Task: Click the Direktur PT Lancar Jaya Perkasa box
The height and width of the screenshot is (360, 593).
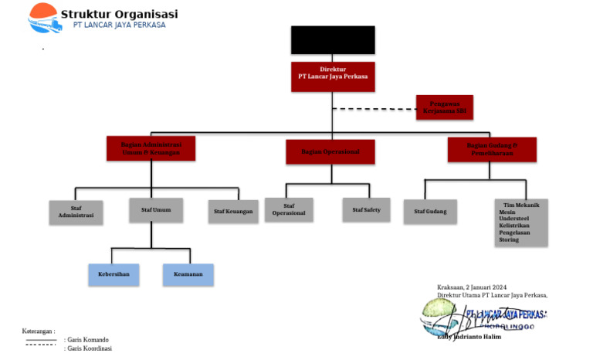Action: pyautogui.click(x=332, y=76)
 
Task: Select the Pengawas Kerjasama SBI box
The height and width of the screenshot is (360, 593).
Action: pyautogui.click(x=444, y=107)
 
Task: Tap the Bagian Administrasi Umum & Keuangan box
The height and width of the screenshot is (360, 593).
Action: pyautogui.click(x=151, y=148)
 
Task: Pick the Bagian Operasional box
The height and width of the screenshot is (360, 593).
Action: pyautogui.click(x=331, y=151)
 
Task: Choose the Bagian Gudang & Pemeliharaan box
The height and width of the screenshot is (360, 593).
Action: pyautogui.click(x=492, y=149)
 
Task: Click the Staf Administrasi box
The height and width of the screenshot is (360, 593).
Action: pyautogui.click(x=76, y=212)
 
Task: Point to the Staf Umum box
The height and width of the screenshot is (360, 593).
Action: pyautogui.click(x=155, y=209)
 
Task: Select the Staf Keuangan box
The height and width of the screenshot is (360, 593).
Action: pyautogui.click(x=233, y=212)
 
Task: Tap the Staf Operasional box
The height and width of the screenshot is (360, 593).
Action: pyautogui.click(x=289, y=209)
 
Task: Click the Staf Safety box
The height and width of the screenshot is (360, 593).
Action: pyautogui.click(x=366, y=209)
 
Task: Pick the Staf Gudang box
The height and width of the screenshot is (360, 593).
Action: pyautogui.click(x=430, y=211)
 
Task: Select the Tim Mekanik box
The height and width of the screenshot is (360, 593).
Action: pyautogui.click(x=521, y=222)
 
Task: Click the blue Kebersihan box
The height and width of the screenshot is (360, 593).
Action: pyautogui.click(x=114, y=274)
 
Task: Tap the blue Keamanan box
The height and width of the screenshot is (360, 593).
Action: pyautogui.click(x=188, y=274)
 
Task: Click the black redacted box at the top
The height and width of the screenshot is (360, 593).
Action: pyautogui.click(x=332, y=40)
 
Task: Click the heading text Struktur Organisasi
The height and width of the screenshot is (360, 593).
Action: pyautogui.click(x=119, y=13)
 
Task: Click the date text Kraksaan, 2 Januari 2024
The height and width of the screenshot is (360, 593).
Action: pyautogui.click(x=471, y=287)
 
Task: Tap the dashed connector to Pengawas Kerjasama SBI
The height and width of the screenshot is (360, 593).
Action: pyautogui.click(x=374, y=109)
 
